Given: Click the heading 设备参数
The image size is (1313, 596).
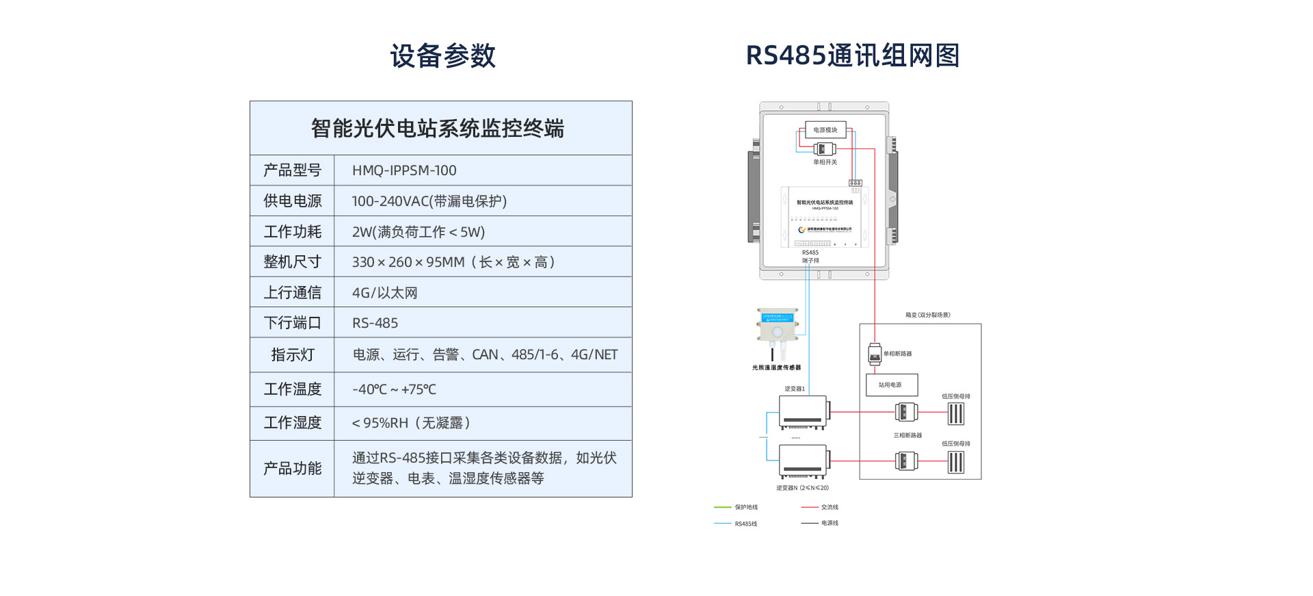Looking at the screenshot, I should coord(442,55).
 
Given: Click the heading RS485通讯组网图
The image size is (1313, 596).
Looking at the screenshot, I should coord(852,55).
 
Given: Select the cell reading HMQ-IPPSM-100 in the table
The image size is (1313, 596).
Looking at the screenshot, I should coord(404,170).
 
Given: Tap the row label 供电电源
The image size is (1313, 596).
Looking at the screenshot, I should coord(292,201).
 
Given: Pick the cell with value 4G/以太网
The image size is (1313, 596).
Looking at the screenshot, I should coord(384,293).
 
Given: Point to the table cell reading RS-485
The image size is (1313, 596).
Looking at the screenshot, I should coord(375,323).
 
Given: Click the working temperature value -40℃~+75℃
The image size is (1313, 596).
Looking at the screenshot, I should coord(394,389).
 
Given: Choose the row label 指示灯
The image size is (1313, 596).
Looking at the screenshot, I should coord(292,354).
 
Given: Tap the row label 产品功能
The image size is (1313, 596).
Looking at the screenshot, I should coord(292,469).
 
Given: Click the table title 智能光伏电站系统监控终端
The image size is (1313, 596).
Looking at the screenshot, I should coord(438,129).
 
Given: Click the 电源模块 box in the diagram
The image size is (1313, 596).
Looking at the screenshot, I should coord(825,130).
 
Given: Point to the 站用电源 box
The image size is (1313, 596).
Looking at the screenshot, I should coord(892,385).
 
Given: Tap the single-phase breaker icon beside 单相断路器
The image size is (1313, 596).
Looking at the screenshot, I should coord(874,354).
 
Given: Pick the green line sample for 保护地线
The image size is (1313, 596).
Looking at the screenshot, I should coord(723,507).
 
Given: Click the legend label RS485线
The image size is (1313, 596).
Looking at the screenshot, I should coord(745,523).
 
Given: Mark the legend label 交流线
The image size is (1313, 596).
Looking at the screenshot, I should coord(830,507).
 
